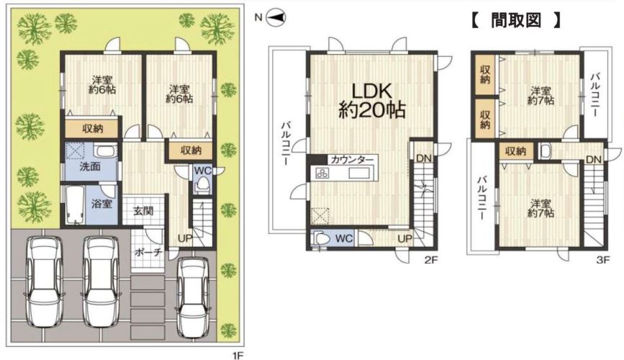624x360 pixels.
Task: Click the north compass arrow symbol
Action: pyautogui.click(x=276, y=17)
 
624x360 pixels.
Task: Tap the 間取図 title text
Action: pyautogui.click(x=516, y=19)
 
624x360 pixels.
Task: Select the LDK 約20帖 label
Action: pyautogui.click(x=371, y=100)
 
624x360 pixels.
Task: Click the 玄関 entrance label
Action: pyautogui.click(x=143, y=210)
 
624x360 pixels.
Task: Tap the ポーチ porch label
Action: pyautogui.click(x=148, y=252)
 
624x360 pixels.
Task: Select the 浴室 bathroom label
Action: pyautogui.click(x=102, y=204)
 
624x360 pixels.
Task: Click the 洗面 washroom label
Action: pyautogui.click(x=90, y=166)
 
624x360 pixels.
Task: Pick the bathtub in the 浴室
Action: pyautogui.click(x=74, y=204)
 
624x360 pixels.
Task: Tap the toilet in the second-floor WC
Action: pyautogui.click(x=322, y=239)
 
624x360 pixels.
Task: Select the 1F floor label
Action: pyautogui.click(x=236, y=354)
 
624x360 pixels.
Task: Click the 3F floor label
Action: pyautogui.click(x=603, y=261)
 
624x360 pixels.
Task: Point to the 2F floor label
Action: pyautogui.click(x=431, y=261)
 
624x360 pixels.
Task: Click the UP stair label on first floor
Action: pyautogui.click(x=185, y=238)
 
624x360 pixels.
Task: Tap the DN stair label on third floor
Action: pyautogui.click(x=593, y=160)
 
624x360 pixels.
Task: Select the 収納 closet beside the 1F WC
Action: pyautogui.click(x=191, y=150)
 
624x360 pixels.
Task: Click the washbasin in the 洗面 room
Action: pyautogui.click(x=105, y=152)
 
